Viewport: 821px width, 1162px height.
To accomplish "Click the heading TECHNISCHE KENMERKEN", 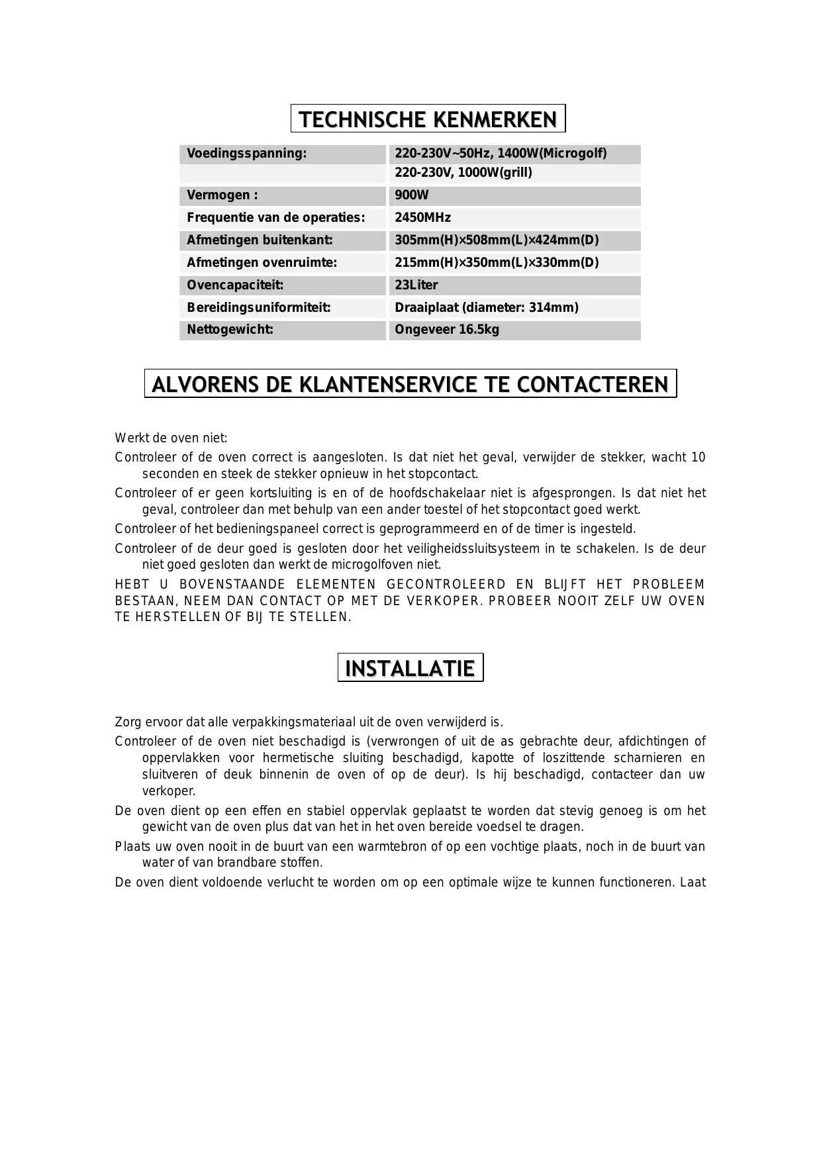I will (x=428, y=119).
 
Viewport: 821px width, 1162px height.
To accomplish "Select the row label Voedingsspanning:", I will (x=246, y=154).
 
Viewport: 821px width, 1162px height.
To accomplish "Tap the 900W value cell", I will (x=412, y=195).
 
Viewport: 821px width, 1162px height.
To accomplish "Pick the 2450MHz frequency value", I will (x=422, y=218).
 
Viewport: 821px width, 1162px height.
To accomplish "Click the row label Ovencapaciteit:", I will (x=235, y=285).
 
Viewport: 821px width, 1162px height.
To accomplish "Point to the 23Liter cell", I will (x=416, y=285).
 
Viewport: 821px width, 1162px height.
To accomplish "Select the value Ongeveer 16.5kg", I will (x=447, y=330).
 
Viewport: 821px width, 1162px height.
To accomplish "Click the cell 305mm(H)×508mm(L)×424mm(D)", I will (x=497, y=240).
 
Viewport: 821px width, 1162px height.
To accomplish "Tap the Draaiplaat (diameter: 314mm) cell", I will (x=487, y=308).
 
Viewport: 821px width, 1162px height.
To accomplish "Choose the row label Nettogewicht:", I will (x=230, y=330).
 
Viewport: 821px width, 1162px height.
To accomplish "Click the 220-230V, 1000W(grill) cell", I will (x=463, y=173).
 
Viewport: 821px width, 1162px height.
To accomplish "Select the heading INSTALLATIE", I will (x=410, y=668).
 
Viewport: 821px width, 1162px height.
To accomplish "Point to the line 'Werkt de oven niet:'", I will (x=171, y=438).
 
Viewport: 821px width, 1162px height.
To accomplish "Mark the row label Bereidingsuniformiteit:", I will (x=258, y=308).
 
